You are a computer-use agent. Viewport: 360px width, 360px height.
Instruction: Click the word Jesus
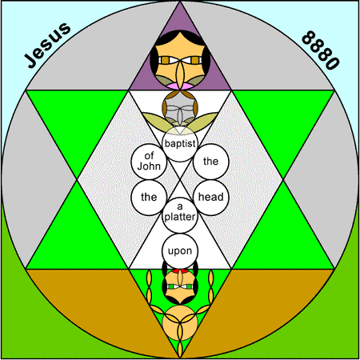pos(47,45)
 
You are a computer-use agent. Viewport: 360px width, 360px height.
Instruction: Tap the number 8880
pos(321,50)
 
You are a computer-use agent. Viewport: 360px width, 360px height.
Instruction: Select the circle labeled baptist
pos(180,144)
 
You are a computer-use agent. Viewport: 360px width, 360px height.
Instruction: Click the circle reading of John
pos(149,162)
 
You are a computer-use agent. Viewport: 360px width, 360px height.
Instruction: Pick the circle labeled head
pos(211,198)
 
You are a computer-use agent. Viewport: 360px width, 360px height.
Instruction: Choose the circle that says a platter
pos(180,215)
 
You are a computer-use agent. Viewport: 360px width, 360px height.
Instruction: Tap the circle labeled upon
pos(180,251)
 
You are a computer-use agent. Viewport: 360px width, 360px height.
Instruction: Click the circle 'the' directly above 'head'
pos(211,162)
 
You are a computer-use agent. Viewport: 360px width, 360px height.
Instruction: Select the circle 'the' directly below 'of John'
pos(149,198)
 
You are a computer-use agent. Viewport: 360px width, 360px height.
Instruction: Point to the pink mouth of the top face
pos(180,86)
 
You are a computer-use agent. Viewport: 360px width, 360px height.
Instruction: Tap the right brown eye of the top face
pos(195,60)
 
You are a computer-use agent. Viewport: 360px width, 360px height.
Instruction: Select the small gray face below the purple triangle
pos(180,108)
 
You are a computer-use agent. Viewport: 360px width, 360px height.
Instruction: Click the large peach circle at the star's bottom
pos(180,323)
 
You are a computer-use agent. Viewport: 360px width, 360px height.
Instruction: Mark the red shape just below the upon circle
pos(180,271)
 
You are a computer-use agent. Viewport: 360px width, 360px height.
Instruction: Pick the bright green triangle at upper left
pos(78,120)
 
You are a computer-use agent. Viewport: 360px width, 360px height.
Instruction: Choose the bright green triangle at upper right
pos(282,120)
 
